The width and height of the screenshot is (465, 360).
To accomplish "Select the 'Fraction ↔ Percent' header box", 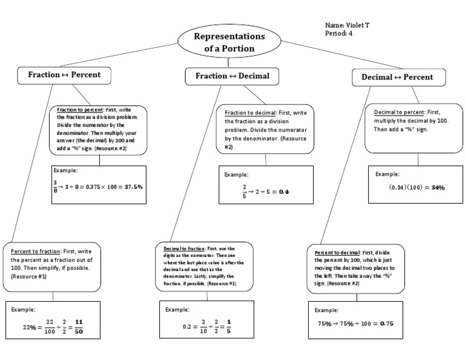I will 64,75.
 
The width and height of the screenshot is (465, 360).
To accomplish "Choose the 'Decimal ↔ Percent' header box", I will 399,78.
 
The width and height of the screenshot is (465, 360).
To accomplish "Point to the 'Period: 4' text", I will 339,33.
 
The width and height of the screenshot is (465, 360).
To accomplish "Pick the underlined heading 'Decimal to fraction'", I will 183,249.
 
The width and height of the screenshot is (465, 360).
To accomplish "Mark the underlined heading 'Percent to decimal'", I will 337,252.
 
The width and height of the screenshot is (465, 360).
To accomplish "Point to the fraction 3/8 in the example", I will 55,187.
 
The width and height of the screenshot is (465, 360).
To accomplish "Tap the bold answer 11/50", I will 79,327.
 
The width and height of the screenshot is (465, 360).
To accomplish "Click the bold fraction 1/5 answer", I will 229,327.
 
